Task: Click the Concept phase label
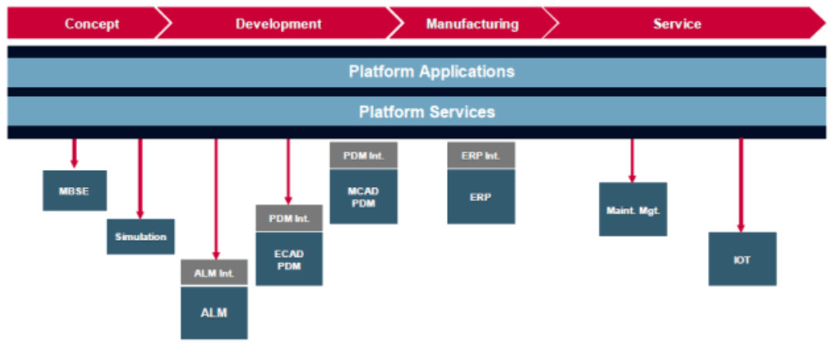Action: click(92, 24)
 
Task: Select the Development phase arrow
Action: click(279, 24)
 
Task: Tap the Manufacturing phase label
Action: click(472, 24)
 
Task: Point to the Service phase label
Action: click(677, 24)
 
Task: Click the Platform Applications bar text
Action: click(431, 72)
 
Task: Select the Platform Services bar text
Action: click(427, 112)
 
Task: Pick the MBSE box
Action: click(75, 191)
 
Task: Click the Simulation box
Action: click(141, 237)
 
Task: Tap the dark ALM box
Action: click(214, 312)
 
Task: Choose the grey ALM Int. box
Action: click(214, 272)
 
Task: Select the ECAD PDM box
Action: click(289, 259)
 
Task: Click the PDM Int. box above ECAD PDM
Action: click(289, 218)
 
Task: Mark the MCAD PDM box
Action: click(363, 196)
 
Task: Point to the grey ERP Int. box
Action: click(481, 155)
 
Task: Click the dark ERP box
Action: click(481, 196)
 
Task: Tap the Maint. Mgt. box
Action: click(633, 209)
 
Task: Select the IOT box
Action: click(742, 259)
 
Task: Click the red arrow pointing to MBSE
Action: click(75, 153)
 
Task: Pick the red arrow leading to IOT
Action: click(741, 185)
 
